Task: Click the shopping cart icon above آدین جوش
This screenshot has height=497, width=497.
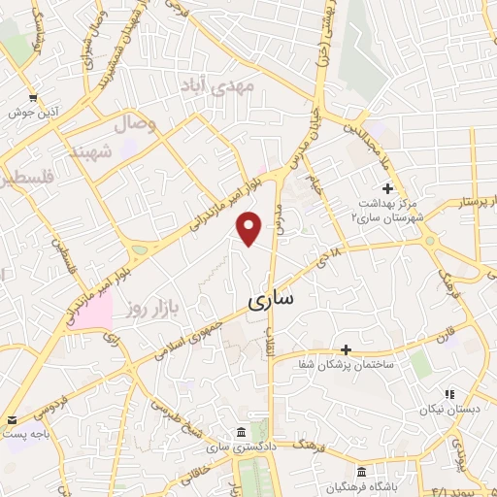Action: [x=33, y=97]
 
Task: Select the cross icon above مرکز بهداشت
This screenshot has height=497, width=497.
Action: [x=387, y=187]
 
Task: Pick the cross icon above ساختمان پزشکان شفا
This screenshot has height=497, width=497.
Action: [x=346, y=348]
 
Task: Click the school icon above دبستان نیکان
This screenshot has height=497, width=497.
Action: [x=448, y=393]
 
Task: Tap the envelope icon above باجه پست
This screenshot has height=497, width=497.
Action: [x=10, y=419]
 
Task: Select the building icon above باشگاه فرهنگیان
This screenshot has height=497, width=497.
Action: [x=361, y=471]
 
